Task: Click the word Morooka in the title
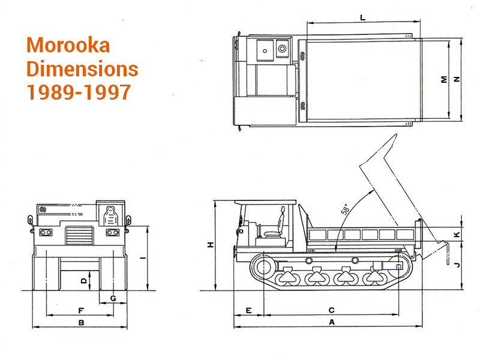point(68,46)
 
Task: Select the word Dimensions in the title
point(82,68)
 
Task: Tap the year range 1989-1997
point(79,92)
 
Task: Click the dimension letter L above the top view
point(363,17)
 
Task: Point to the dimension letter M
point(444,80)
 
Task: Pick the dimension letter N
point(457,79)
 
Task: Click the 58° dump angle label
point(345,209)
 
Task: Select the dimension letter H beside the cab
point(211,245)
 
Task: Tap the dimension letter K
point(457,235)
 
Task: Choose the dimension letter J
point(457,265)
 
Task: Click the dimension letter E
point(248,310)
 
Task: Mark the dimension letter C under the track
point(332,310)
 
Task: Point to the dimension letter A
point(332,322)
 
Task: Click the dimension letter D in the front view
point(83,280)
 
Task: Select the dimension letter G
point(113,298)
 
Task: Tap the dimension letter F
point(81,310)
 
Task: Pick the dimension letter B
point(81,322)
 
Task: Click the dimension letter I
point(143,259)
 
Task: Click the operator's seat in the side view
point(277,227)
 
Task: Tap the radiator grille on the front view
point(79,235)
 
